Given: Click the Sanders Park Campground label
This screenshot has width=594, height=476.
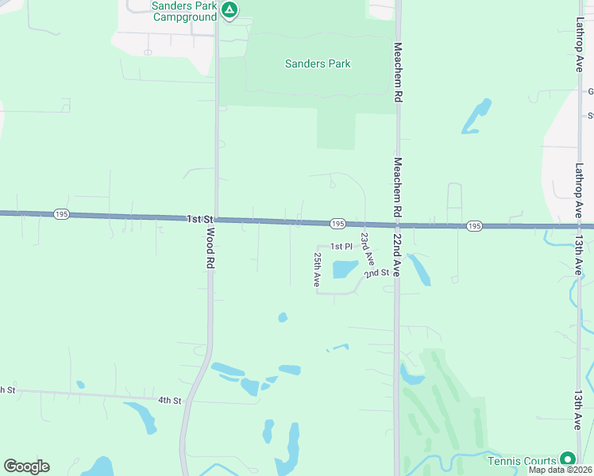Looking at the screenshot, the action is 183,11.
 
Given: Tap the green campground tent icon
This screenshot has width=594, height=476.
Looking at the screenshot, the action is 229,10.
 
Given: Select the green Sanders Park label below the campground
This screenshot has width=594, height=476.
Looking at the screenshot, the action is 318,63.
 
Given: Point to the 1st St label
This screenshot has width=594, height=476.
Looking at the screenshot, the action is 200,218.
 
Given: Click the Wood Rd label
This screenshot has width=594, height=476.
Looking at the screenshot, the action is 211,248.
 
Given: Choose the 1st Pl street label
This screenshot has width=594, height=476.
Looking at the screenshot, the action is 341,247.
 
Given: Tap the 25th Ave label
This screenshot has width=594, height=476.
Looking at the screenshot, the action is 317,270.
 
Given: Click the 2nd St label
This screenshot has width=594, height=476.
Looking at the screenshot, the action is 376,274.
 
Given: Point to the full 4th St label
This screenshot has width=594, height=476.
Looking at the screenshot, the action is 169,400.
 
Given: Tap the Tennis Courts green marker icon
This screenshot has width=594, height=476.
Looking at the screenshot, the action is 567,459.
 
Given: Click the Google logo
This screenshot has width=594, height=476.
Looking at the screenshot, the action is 26,466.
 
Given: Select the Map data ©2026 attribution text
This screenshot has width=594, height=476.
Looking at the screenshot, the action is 560,470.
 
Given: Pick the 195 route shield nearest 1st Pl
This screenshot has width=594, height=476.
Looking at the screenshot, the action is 337,224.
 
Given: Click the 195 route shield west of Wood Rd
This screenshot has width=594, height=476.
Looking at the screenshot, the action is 62,214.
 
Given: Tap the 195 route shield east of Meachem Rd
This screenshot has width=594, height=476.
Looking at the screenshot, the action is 474,226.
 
